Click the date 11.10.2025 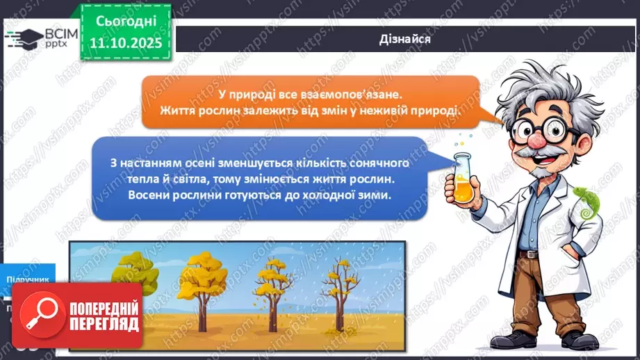point(125,43)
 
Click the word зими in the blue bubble point(376,195)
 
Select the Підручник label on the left point(28,279)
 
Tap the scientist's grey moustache point(539,154)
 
